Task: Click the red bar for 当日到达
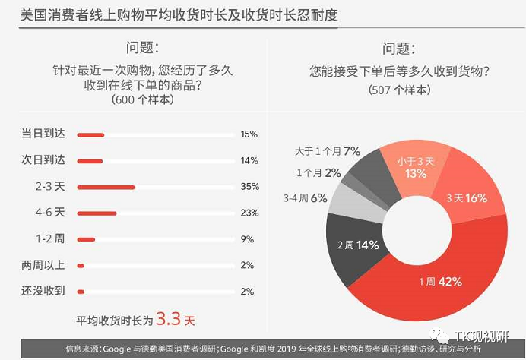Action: coord(90,135)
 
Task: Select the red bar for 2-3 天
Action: coord(106,187)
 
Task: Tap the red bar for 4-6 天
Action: coord(97,213)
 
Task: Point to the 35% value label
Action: coord(249,187)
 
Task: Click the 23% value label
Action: coord(249,213)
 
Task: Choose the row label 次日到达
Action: coord(43,160)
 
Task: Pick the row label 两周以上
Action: coord(43,265)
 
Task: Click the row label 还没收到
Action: coord(43,291)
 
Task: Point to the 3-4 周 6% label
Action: coord(306,197)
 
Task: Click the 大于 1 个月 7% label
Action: coord(327,151)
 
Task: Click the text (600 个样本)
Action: coord(142,99)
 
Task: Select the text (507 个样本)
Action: coord(399,90)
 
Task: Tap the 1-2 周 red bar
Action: coord(86,239)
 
